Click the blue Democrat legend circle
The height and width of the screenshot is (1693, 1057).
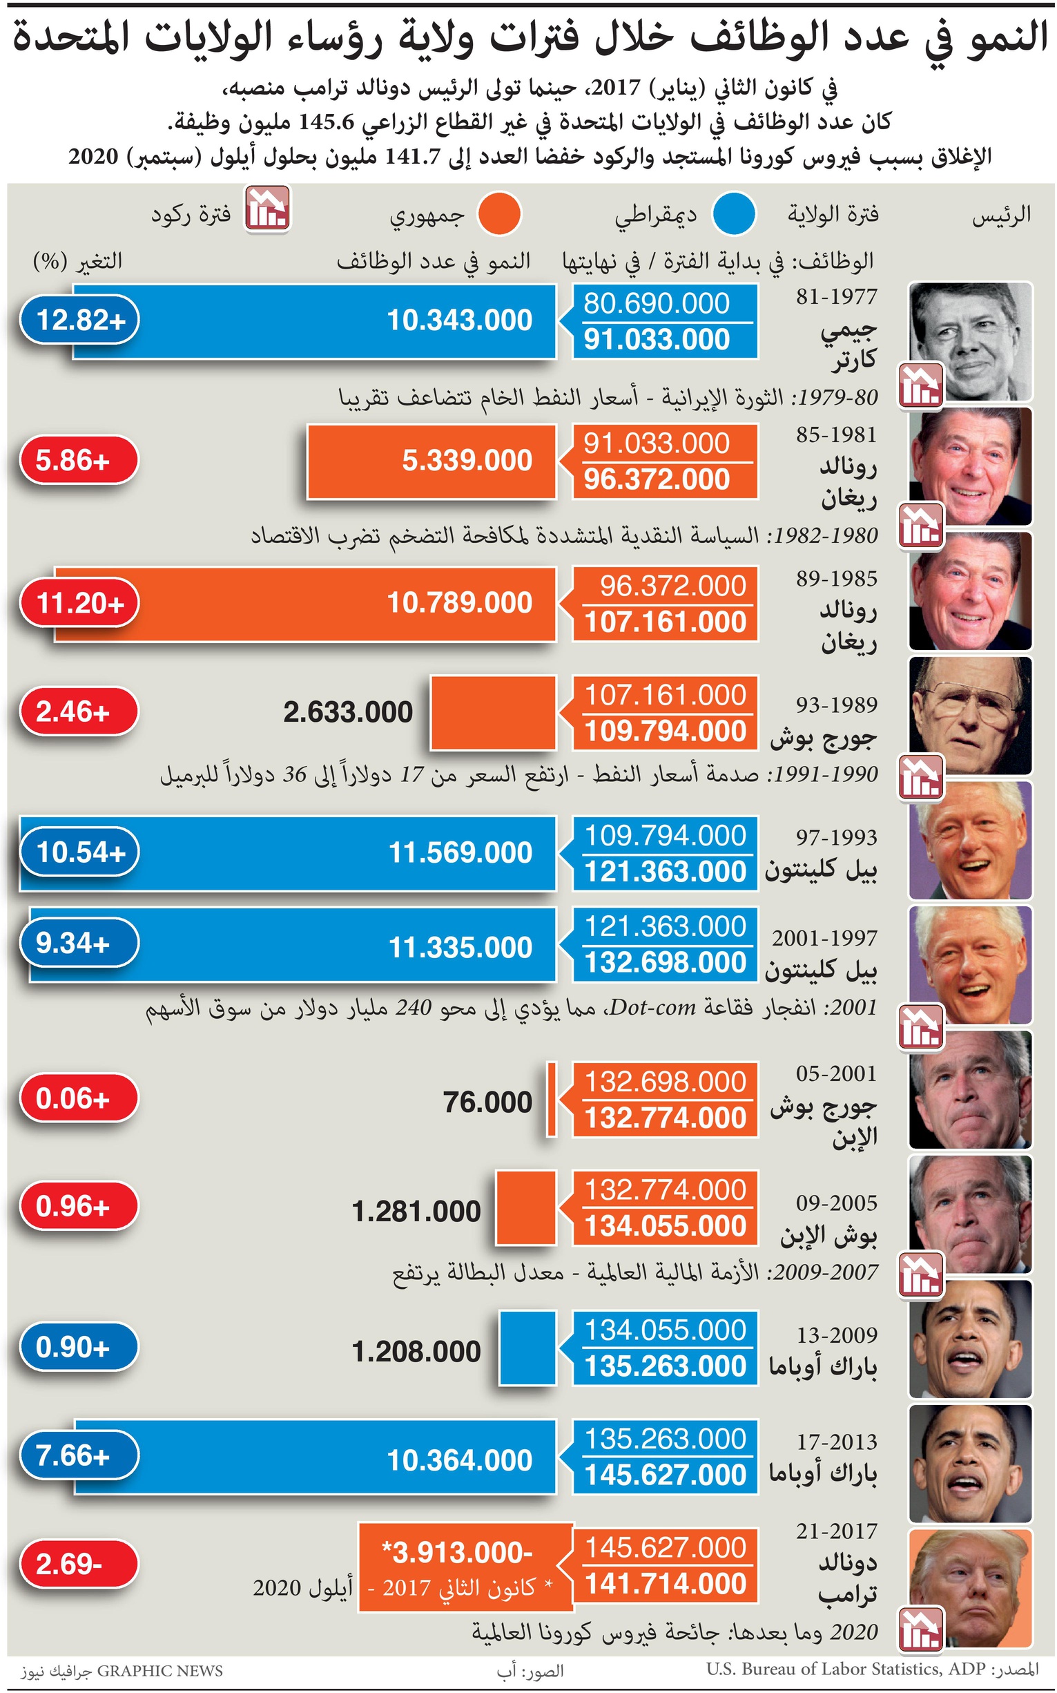[734, 214]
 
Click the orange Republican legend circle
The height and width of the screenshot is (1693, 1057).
[499, 214]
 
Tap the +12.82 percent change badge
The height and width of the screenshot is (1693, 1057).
[79, 321]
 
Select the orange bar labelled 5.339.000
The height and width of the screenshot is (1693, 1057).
[431, 461]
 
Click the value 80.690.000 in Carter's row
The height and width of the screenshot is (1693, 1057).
[657, 303]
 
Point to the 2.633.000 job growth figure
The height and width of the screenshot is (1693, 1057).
[347, 713]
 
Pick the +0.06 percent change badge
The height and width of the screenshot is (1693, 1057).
[78, 1098]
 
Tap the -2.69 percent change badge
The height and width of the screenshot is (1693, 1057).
[78, 1564]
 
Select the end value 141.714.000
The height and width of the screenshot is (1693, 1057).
[666, 1584]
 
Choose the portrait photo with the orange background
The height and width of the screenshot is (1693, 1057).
[970, 1587]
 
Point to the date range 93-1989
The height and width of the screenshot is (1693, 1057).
[836, 705]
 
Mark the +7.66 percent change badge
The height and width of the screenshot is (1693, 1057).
[78, 1456]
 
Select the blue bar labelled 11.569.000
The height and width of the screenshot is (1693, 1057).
[287, 853]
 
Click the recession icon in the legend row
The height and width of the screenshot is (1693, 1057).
[267, 209]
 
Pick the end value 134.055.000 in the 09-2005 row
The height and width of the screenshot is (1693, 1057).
[666, 1227]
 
